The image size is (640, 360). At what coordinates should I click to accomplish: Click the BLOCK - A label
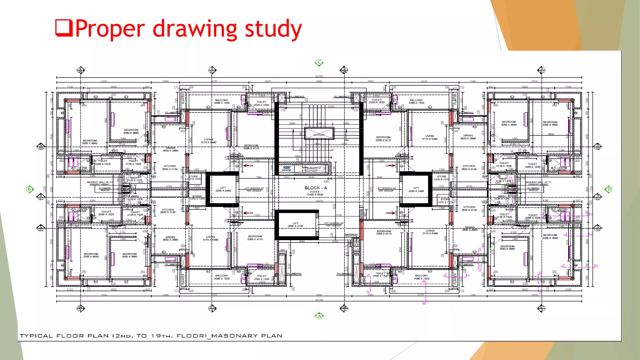pyautogui.click(x=316, y=188)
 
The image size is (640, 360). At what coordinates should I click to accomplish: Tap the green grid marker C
pyautogui.click(x=319, y=62)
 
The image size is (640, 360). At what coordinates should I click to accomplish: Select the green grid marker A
pyautogui.click(x=319, y=316)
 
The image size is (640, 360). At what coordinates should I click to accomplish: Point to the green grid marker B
pyautogui.click(x=29, y=189)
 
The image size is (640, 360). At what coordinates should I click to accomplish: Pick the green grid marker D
pyautogui.click(x=608, y=189)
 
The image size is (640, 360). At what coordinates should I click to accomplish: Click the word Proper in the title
pyautogui.click(x=110, y=29)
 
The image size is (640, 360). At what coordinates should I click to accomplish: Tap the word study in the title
pyautogui.click(x=273, y=29)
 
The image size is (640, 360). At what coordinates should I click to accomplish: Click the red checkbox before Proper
pyautogui.click(x=64, y=28)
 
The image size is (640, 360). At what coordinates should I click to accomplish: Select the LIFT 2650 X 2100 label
pyautogui.click(x=295, y=225)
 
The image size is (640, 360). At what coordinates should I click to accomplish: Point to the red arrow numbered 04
pyautogui.click(x=248, y=166)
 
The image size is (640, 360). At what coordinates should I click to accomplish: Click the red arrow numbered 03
pyautogui.click(x=248, y=213)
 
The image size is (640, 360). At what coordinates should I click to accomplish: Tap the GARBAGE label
pyautogui.click(x=351, y=234)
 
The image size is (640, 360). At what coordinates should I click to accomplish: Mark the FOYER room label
pyautogui.click(x=315, y=192)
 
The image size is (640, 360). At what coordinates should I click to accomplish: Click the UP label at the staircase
pyautogui.click(x=332, y=150)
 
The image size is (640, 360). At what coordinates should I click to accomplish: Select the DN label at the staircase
pyautogui.click(x=346, y=140)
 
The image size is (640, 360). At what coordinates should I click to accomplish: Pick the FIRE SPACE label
pyautogui.click(x=286, y=169)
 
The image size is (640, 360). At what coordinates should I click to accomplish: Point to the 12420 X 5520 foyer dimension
pyautogui.click(x=315, y=195)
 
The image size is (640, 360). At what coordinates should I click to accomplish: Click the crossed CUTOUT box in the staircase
pyautogui.click(x=319, y=133)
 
